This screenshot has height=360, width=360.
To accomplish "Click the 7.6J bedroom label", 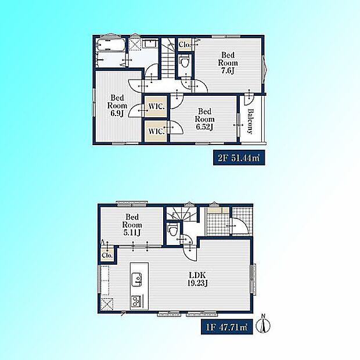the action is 228,63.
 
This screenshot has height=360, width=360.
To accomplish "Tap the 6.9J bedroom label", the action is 117,105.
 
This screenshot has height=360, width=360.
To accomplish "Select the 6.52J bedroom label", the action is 204,119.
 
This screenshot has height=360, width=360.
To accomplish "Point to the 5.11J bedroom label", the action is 132,225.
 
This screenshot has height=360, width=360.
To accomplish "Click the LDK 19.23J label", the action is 197,279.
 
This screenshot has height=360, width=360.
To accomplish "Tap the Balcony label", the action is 250,121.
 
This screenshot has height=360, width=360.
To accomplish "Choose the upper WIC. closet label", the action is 157,106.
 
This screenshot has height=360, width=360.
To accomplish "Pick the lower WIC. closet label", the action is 157,131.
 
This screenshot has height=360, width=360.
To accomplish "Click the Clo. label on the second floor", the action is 185,45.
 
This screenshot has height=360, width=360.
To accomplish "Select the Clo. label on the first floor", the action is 107,255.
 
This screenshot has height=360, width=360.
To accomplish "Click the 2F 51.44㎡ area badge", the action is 239,158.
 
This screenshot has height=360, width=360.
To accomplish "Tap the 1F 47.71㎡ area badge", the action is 227,326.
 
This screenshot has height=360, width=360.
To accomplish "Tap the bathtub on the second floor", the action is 110,45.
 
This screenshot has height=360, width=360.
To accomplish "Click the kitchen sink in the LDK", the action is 136,279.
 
